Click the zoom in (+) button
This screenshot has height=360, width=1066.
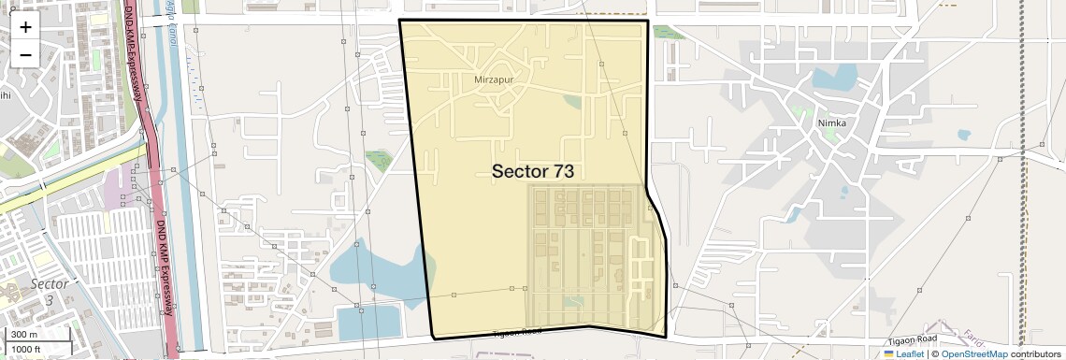[x=25, y=26]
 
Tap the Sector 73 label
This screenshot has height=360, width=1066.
[x=532, y=171]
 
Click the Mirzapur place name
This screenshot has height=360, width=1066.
[x=495, y=79]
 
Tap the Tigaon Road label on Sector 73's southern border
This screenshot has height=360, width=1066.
[x=518, y=332]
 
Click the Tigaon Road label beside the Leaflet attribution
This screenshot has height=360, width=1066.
[x=914, y=338]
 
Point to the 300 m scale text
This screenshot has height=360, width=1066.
[x=24, y=335]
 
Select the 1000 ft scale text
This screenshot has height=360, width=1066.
[x=27, y=349]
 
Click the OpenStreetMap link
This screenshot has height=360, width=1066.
[x=973, y=354]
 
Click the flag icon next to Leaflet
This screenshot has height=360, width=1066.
[x=889, y=354]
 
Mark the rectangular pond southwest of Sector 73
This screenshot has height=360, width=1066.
[x=368, y=323]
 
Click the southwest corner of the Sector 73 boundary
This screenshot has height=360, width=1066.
[x=435, y=337]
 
